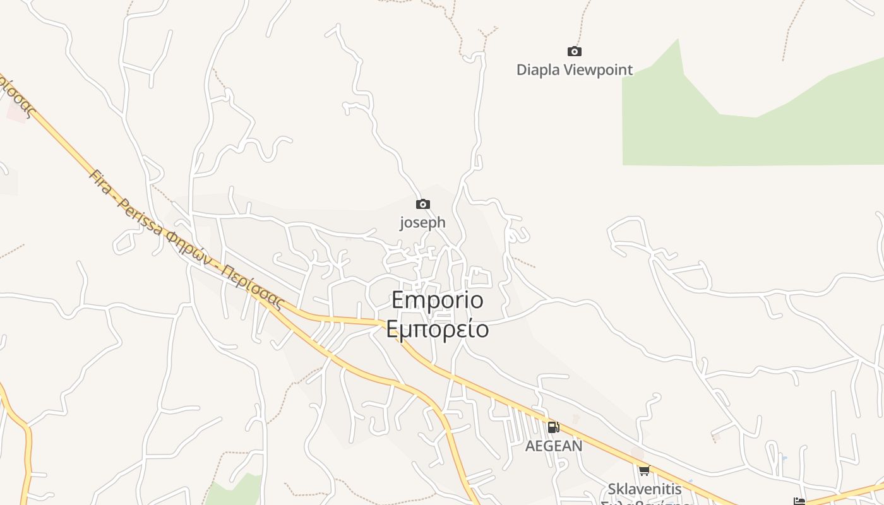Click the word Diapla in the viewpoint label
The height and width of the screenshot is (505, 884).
click(538, 69)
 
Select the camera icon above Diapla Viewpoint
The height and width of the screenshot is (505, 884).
click(574, 51)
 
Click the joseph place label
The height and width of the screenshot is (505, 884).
click(422, 222)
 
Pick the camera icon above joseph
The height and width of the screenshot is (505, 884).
click(422, 204)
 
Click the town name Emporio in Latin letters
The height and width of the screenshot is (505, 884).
click(438, 300)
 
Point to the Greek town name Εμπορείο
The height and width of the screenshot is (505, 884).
click(438, 330)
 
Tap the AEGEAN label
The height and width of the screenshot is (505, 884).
click(554, 446)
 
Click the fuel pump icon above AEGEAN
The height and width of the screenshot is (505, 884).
click(553, 427)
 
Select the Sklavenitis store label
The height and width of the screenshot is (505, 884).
click(645, 489)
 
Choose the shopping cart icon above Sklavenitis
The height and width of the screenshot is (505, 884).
click(644, 470)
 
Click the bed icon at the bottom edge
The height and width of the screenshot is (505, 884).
click(799, 501)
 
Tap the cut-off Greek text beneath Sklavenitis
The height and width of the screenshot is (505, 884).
click(645, 503)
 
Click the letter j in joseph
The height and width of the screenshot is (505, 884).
click(402, 223)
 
